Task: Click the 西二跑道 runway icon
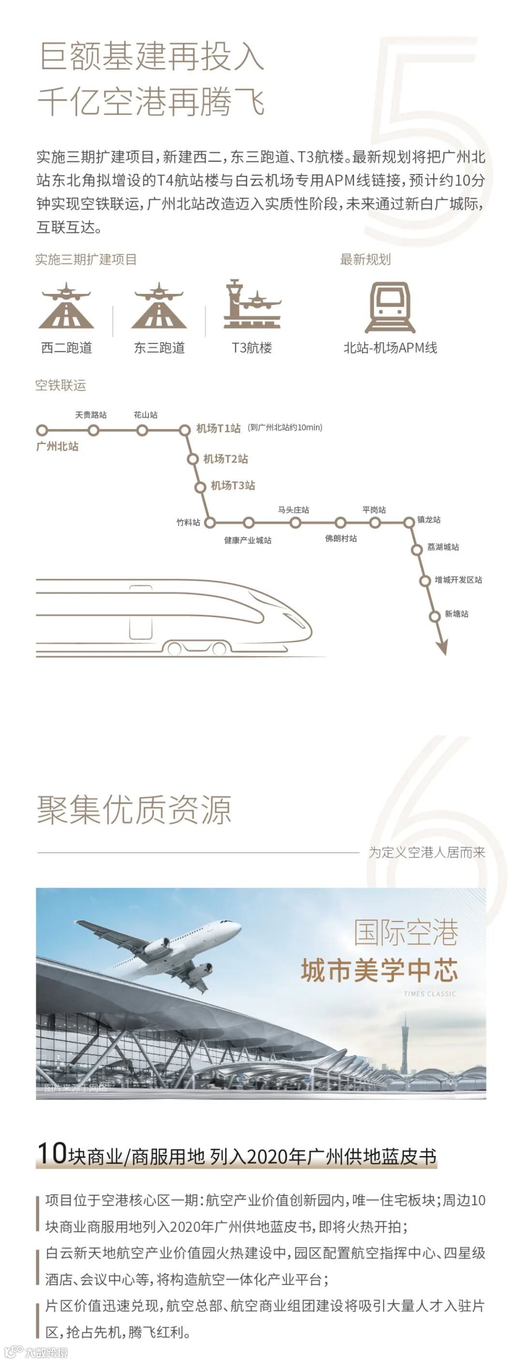pos(66,306)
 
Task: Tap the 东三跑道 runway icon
pos(159,306)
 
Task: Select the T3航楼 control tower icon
pos(251,304)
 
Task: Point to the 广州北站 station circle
pos(42,430)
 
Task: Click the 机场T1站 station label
pos(218,428)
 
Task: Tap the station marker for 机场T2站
pos(192,459)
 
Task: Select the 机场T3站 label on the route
pos(233,485)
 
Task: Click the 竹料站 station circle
pos(210,523)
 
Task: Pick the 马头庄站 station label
pos(293,509)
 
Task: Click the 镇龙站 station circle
pos(409,523)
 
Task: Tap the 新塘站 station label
pos(456,614)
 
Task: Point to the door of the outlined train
pos(140,613)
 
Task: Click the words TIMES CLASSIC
pos(429,994)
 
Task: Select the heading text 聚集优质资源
pos(134,810)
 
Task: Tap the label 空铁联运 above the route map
pos(60,385)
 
